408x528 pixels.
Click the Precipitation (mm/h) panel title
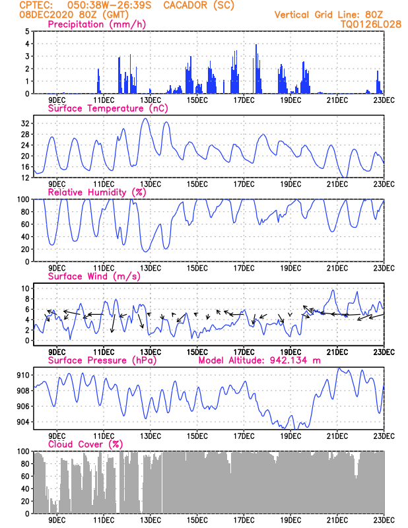point(96,24)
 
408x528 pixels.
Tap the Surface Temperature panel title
point(108,108)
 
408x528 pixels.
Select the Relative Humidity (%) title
point(96,192)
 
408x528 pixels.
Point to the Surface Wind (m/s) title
point(94,277)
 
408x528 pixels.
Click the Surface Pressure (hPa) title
point(102,360)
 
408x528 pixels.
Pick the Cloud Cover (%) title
point(85,444)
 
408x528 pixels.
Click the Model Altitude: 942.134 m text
point(259,360)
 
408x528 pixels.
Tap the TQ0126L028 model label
point(371,24)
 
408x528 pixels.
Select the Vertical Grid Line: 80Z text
point(329,15)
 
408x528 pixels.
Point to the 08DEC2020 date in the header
point(46,15)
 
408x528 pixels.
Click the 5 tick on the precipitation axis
point(27,31)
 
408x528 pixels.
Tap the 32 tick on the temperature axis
point(25,123)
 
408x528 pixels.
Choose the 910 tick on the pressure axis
point(23,375)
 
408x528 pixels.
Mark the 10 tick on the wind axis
point(25,288)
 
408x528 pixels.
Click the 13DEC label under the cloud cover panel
point(150,520)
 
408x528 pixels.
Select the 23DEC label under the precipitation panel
point(384,100)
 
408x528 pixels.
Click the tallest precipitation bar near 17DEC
point(256,69)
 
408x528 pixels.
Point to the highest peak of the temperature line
point(145,118)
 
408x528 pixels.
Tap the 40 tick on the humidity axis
point(25,237)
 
